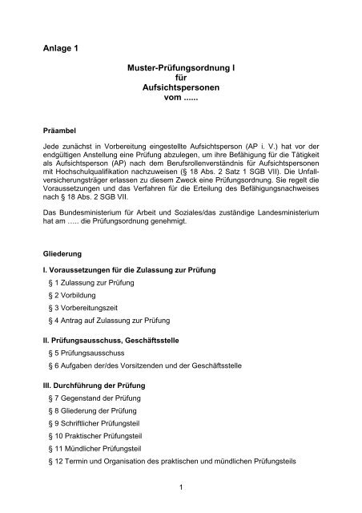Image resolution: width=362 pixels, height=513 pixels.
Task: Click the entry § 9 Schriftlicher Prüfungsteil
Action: pyautogui.click(x=102, y=426)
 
